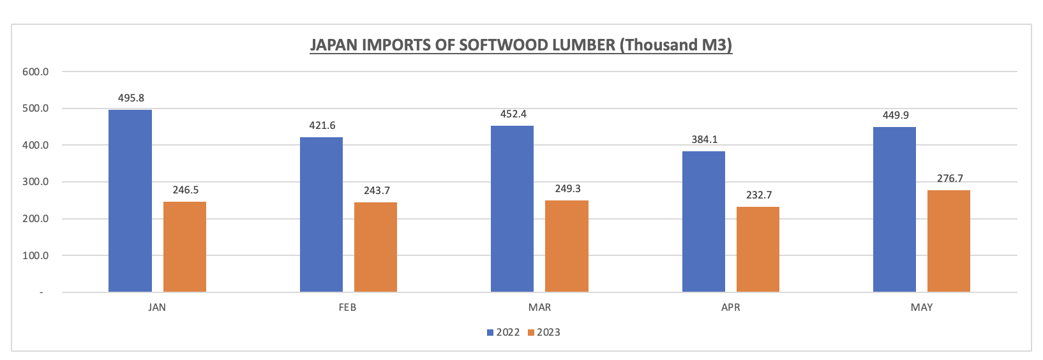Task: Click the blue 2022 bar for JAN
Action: pyautogui.click(x=130, y=201)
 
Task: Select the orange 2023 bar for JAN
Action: pyautogui.click(x=184, y=247)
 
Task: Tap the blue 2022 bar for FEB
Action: pyautogui.click(x=321, y=214)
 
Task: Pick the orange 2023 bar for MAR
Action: pyautogui.click(x=566, y=246)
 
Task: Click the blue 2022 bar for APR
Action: pyautogui.click(x=703, y=221)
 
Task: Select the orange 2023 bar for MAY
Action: pyautogui.click(x=949, y=241)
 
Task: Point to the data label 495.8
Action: pyautogui.click(x=131, y=98)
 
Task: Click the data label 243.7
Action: pyautogui.click(x=377, y=191)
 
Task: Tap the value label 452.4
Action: pyautogui.click(x=513, y=114)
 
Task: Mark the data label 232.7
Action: pyautogui.click(x=759, y=195)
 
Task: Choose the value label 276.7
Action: pyautogui.click(x=950, y=179)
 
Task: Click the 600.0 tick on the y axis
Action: pyautogui.click(x=36, y=71)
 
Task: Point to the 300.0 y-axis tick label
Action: pyautogui.click(x=36, y=182)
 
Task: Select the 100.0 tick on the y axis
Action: pyautogui.click(x=36, y=256)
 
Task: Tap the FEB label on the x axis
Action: pyautogui.click(x=347, y=308)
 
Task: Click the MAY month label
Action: pyautogui.click(x=921, y=308)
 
